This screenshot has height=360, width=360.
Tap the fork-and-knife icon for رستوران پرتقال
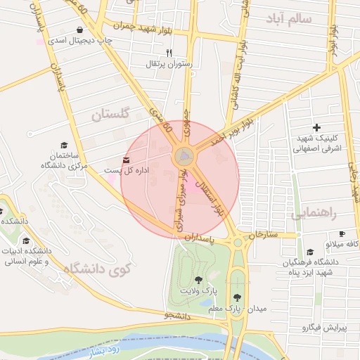click(168, 53)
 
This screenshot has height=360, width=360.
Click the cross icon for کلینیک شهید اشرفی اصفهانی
click(316, 127)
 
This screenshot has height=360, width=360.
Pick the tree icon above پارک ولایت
click(198, 280)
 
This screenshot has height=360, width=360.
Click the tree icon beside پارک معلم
click(238, 297)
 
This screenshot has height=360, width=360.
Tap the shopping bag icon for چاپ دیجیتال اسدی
click(79, 30)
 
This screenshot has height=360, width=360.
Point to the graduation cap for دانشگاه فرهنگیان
click(310, 252)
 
